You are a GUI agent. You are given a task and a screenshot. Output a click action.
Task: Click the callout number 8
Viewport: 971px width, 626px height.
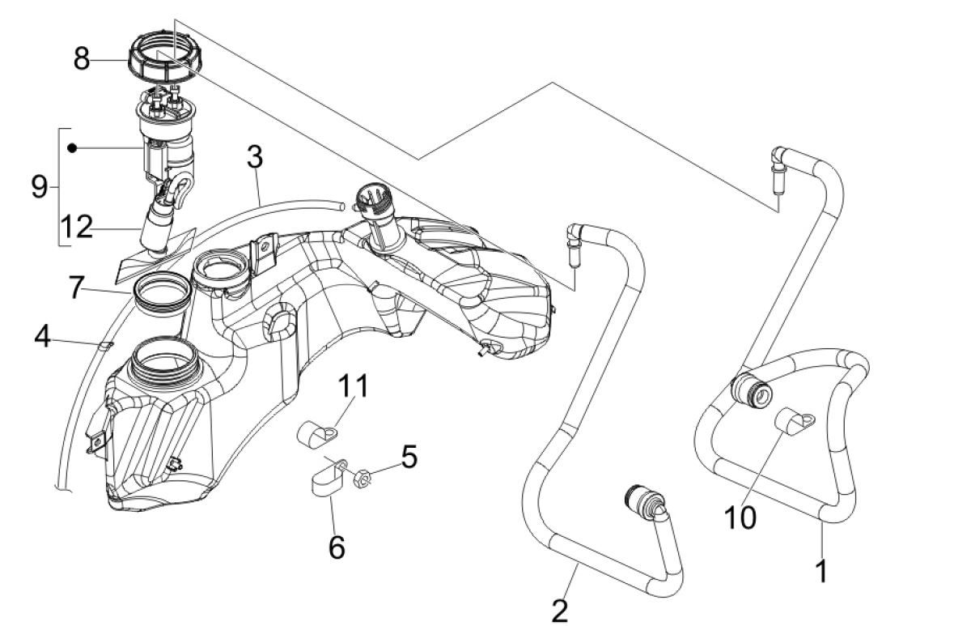[82, 59]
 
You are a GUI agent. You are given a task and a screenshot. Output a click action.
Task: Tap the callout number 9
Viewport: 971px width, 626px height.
[38, 187]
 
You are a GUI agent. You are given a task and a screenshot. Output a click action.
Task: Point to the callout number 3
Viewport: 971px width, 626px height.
[255, 158]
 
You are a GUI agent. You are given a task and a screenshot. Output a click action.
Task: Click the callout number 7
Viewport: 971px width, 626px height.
[76, 288]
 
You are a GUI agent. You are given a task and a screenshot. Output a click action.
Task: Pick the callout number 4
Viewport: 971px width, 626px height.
[43, 336]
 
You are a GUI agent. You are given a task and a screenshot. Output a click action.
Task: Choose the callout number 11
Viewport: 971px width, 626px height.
[353, 387]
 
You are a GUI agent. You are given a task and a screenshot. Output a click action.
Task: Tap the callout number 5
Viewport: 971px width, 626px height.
[409, 458]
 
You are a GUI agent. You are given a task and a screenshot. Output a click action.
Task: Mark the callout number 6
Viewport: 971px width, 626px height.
[337, 547]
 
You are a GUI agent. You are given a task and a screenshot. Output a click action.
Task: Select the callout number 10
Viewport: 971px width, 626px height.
[740, 517]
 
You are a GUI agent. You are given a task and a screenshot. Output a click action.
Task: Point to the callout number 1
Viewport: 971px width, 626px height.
[822, 571]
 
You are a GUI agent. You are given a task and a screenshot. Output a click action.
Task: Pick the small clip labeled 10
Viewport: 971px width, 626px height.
[789, 419]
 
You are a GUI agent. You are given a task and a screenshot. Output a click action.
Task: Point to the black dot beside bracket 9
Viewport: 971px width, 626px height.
[73, 148]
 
